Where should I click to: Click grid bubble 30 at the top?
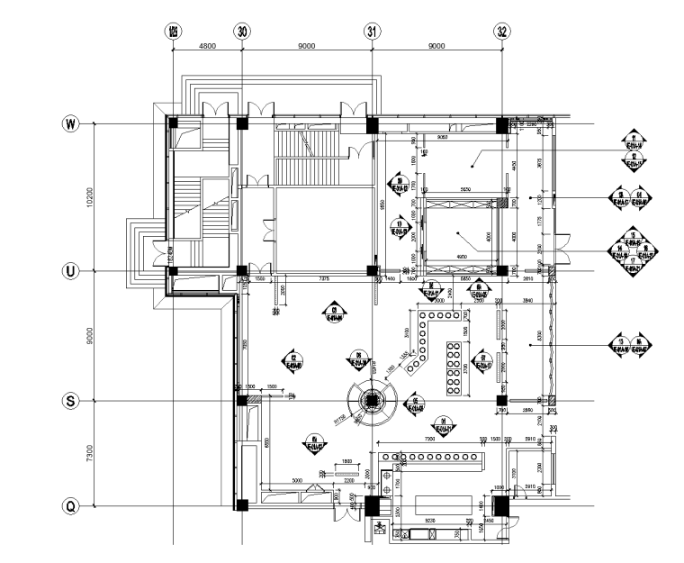tap(242, 31)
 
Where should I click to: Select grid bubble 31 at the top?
tap(372, 31)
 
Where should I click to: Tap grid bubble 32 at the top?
tap(502, 31)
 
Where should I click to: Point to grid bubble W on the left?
tap(69, 123)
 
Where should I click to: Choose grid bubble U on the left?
tap(69, 271)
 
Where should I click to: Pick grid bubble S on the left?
tap(69, 401)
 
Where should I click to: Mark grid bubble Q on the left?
tap(69, 506)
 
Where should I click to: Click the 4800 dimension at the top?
tap(207, 44)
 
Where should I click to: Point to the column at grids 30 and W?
tap(242, 123)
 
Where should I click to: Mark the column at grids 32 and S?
tap(502, 401)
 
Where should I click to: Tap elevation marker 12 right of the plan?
tap(634, 159)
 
